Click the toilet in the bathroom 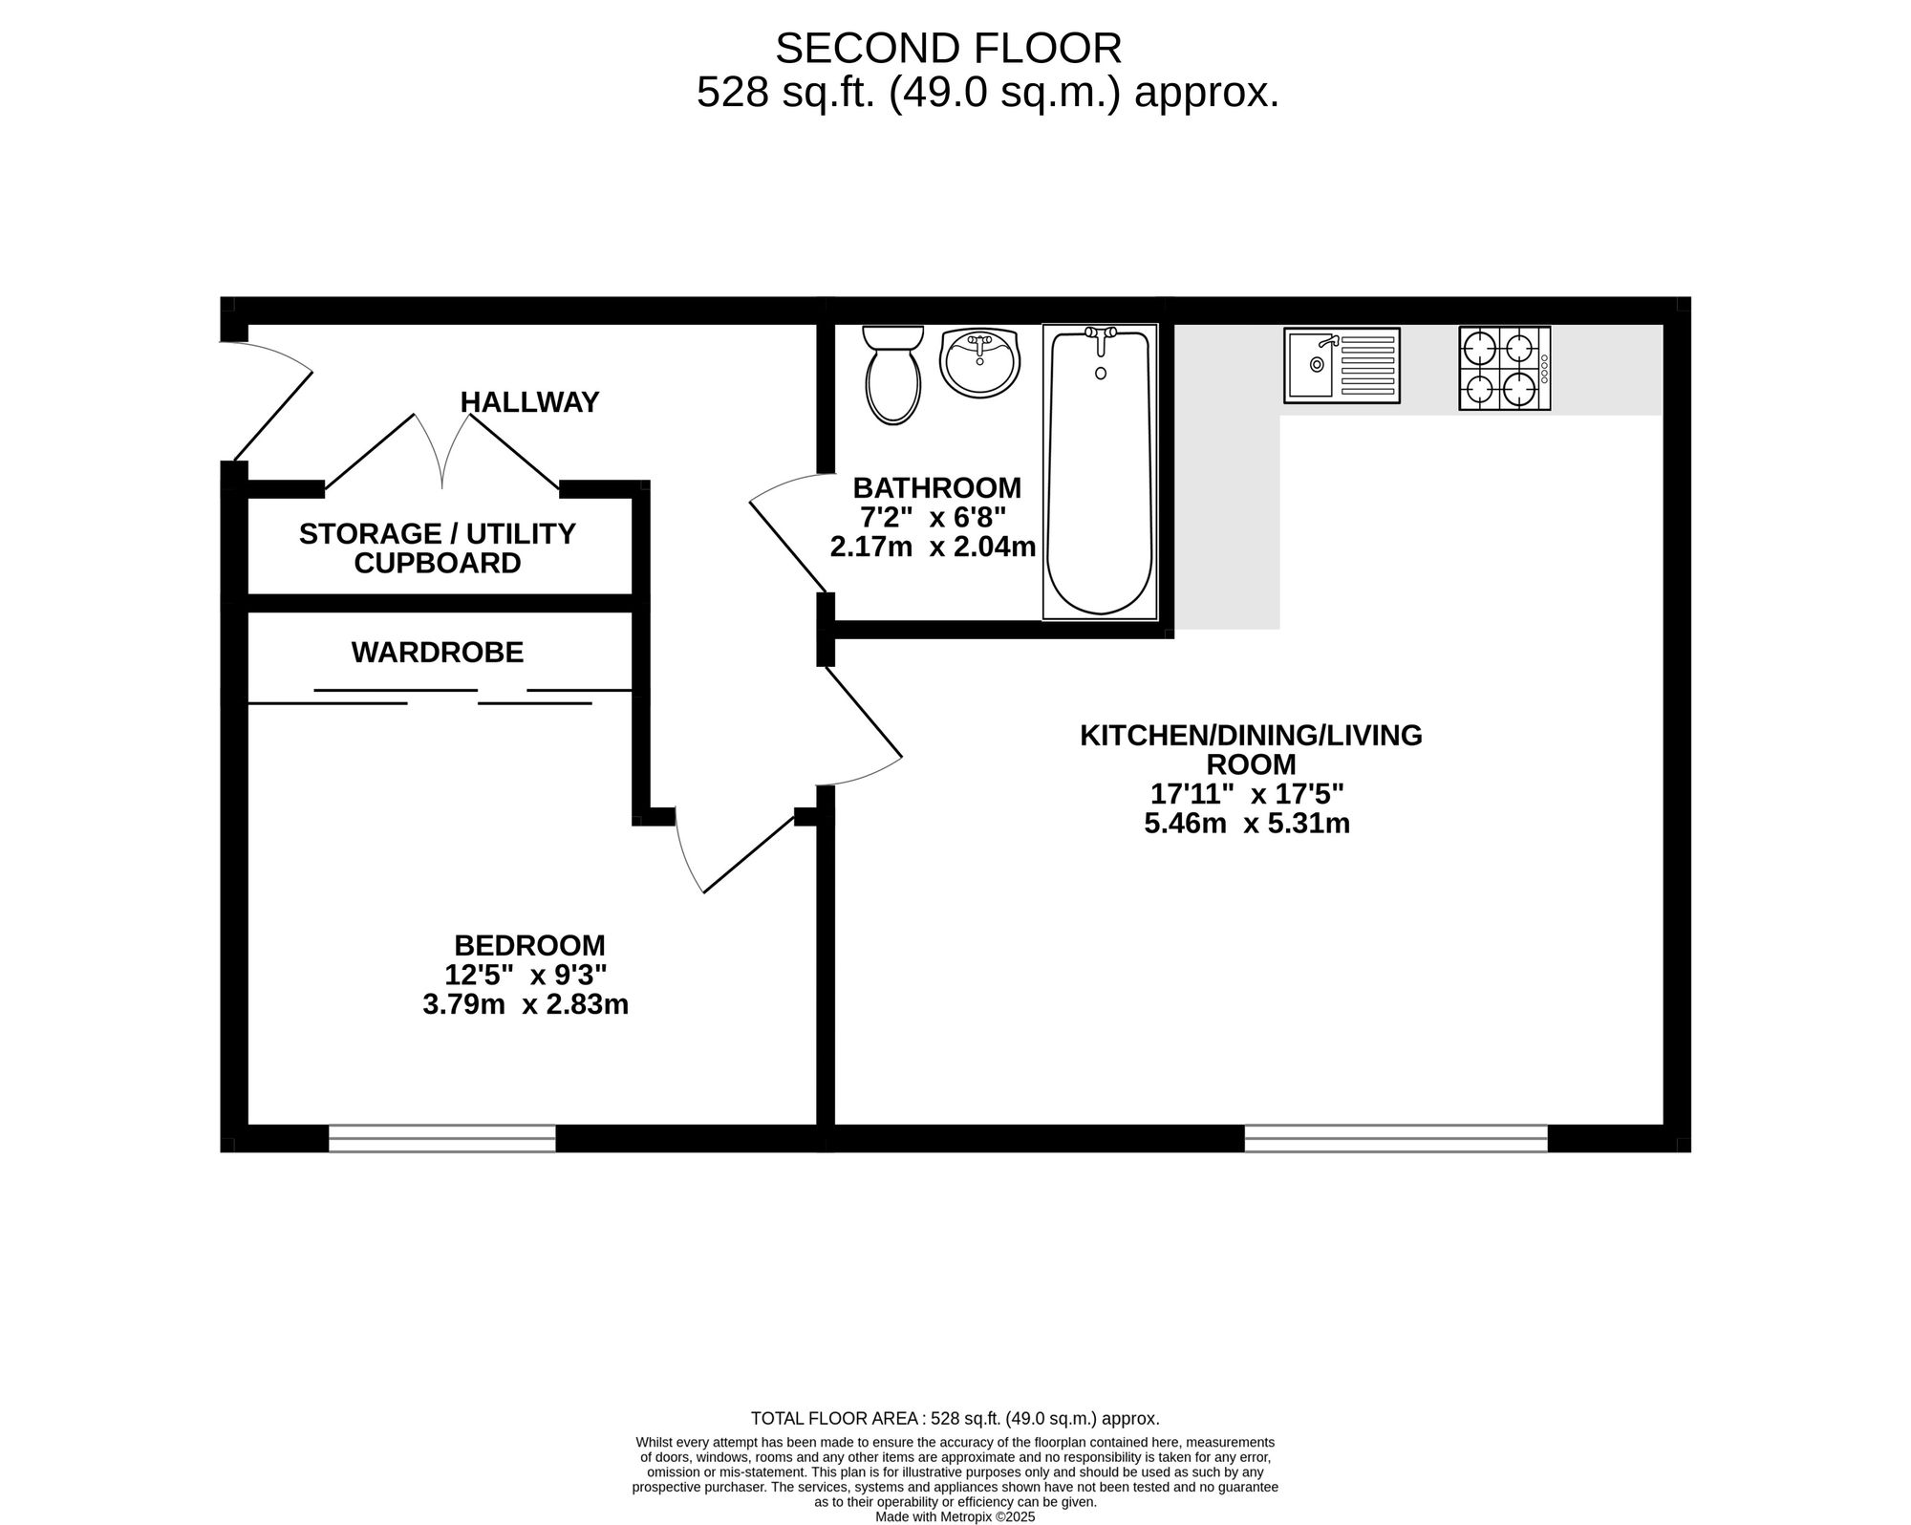pos(893,375)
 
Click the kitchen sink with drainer pos(1342,365)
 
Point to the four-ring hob pos(1505,369)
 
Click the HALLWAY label pos(529,402)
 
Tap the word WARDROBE pos(438,653)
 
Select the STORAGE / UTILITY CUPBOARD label pos(438,548)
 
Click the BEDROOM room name pos(529,945)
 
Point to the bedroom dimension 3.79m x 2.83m pos(526,1005)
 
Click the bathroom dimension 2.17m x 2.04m pos(934,548)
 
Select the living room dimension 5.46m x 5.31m pos(1247,824)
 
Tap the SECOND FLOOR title pos(949,48)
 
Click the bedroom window pos(442,1138)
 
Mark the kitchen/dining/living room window pos(1396,1138)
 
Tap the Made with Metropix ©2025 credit pos(955,1516)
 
